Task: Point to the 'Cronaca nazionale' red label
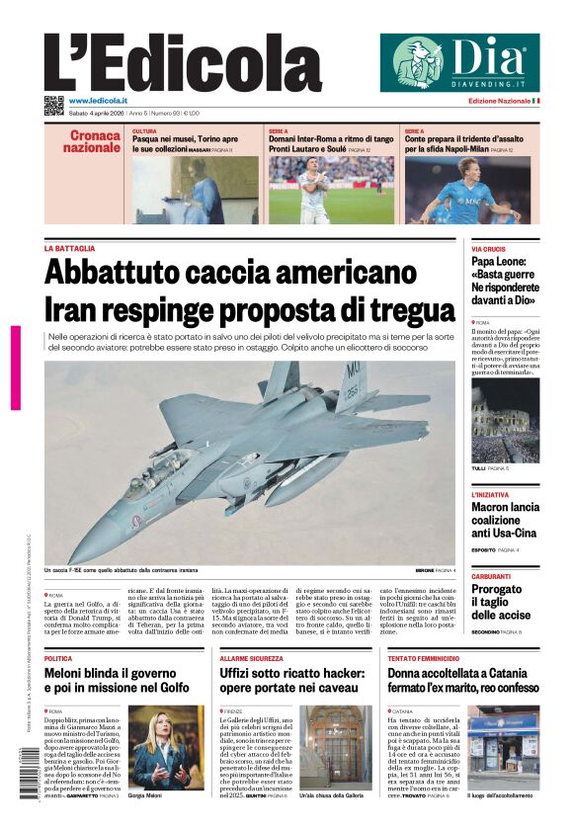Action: coord(92,141)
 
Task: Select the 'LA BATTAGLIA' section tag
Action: coord(69,248)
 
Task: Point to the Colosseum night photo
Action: coord(505,421)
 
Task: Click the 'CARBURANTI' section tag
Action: coord(491,576)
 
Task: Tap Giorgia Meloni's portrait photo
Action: coord(151,746)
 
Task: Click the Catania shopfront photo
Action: coord(503,746)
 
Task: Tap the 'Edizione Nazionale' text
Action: coord(499,101)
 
